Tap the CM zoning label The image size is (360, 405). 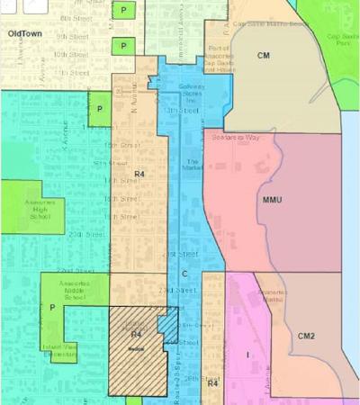(x=263, y=56)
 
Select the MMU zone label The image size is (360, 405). (x=273, y=198)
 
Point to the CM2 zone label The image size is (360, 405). (x=307, y=337)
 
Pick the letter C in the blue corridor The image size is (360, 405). (x=184, y=273)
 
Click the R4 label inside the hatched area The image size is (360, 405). (x=137, y=335)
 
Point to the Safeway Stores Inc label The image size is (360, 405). (x=191, y=90)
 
